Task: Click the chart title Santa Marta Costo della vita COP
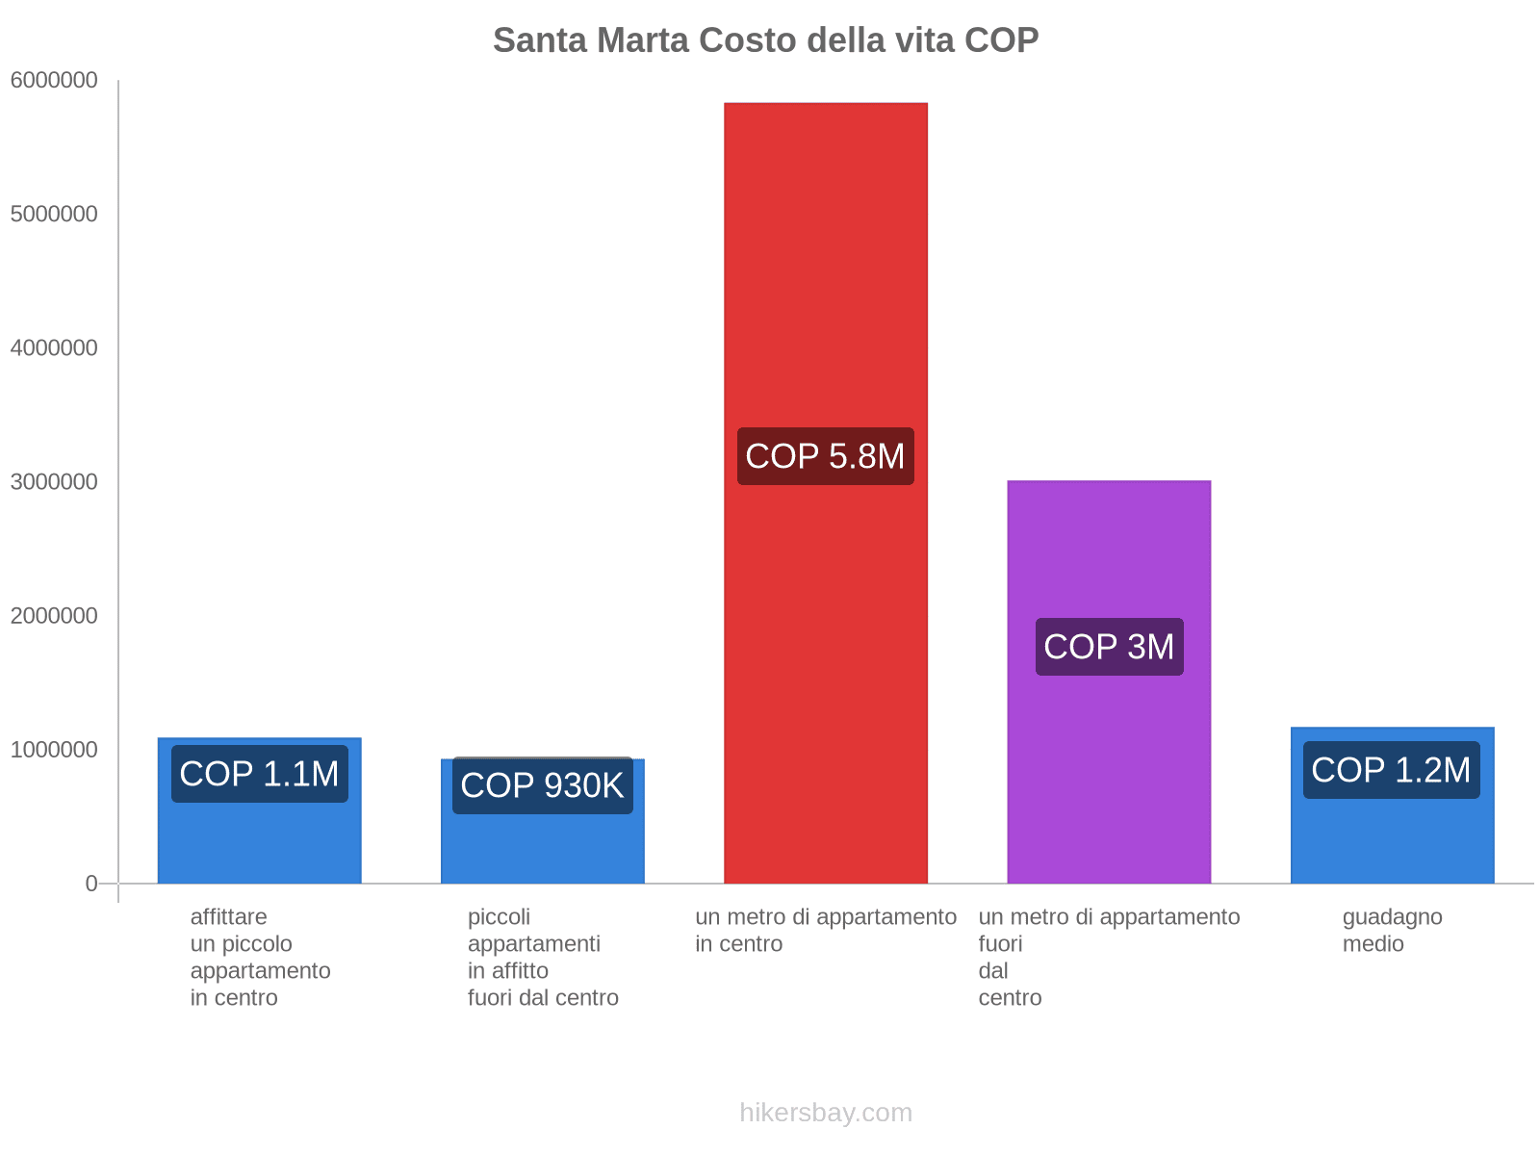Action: coord(765,40)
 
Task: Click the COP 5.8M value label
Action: coord(825,456)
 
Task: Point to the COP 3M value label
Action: coord(1109,647)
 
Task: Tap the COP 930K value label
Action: coord(542,785)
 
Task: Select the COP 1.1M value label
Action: coord(259,774)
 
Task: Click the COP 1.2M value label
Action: coord(1391,770)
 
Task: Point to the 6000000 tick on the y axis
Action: coord(54,81)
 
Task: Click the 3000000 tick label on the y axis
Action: coord(54,482)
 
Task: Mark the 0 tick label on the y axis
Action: coord(91,884)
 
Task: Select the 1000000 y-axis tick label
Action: coord(54,750)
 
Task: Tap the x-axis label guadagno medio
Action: coord(1392,930)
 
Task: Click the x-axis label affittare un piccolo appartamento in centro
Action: coord(260,957)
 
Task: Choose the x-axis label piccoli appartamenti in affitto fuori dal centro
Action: coord(543,957)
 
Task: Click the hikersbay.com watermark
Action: coord(825,1113)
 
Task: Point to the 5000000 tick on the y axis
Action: coord(54,215)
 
